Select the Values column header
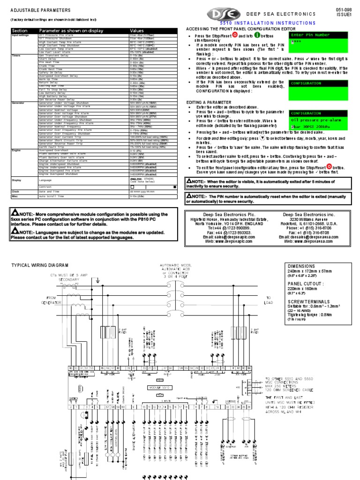(x=137, y=30)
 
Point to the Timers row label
(x=16, y=55)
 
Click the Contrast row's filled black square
(x=175, y=187)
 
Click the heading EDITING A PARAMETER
(x=209, y=103)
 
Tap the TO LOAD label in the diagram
(x=269, y=300)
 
